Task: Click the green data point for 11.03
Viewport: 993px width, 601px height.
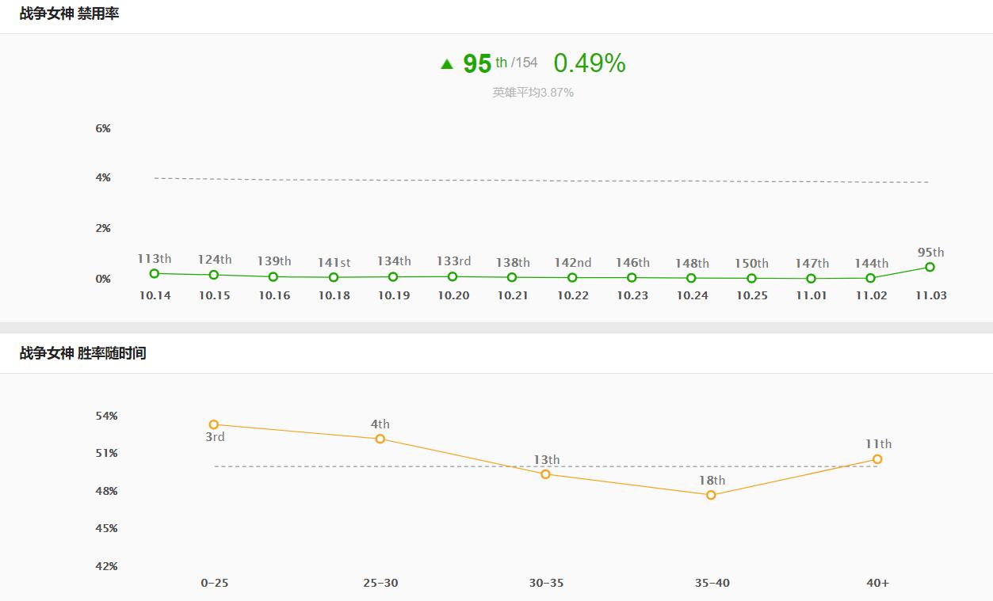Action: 930,267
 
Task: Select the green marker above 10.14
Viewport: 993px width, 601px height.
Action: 154,273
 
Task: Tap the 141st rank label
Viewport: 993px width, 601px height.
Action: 334,262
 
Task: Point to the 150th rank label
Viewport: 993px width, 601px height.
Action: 751,263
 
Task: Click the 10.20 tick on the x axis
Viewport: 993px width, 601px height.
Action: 453,295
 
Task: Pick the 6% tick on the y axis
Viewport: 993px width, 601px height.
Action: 103,128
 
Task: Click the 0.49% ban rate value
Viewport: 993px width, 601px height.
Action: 589,63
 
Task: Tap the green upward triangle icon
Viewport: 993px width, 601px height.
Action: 447,64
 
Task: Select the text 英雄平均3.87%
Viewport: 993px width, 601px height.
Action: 533,93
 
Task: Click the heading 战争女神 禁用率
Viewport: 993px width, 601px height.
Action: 70,13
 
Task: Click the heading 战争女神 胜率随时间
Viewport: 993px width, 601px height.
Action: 82,353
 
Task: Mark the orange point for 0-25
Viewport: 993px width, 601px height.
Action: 214,424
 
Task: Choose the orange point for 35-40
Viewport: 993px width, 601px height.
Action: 711,495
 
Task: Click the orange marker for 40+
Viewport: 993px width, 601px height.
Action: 877,459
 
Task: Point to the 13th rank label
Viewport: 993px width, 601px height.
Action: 546,460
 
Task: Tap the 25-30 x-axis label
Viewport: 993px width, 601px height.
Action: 380,583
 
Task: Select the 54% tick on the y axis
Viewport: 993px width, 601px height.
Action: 106,416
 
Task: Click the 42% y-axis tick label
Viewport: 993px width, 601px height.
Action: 106,566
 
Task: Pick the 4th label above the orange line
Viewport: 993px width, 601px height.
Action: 380,424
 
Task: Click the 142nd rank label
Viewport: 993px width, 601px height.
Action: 572,263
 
